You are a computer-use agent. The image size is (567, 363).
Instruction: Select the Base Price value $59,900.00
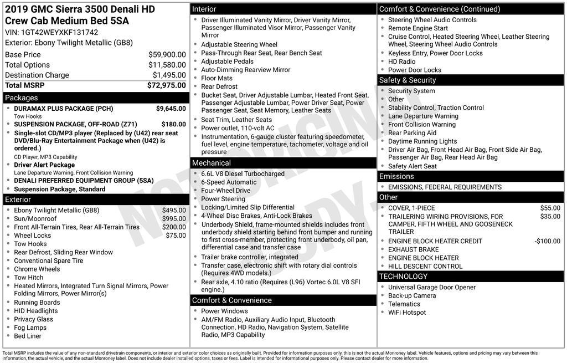point(167,54)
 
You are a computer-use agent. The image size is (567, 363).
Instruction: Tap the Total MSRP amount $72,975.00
point(166,85)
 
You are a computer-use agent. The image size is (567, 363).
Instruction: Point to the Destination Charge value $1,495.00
point(169,75)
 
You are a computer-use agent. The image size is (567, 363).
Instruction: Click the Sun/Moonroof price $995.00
point(174,218)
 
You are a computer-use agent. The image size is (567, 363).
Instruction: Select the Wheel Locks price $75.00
point(176,236)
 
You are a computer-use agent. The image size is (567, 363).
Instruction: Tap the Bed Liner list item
point(28,336)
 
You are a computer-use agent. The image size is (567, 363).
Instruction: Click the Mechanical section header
point(211,163)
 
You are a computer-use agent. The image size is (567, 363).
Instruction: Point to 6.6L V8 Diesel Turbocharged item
point(243,173)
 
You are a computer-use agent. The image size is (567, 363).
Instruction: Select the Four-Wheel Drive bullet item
point(225,190)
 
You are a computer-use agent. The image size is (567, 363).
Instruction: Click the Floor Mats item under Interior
point(217,78)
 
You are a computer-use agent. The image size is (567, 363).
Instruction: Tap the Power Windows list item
point(224,311)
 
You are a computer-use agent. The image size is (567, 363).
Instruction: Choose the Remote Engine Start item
point(417,28)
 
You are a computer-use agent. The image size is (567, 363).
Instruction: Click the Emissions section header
point(396,176)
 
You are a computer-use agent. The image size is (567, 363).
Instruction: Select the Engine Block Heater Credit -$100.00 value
point(547,241)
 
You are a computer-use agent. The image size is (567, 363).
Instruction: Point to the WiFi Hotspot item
point(407,312)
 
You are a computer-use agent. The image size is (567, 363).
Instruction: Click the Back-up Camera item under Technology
point(411,295)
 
